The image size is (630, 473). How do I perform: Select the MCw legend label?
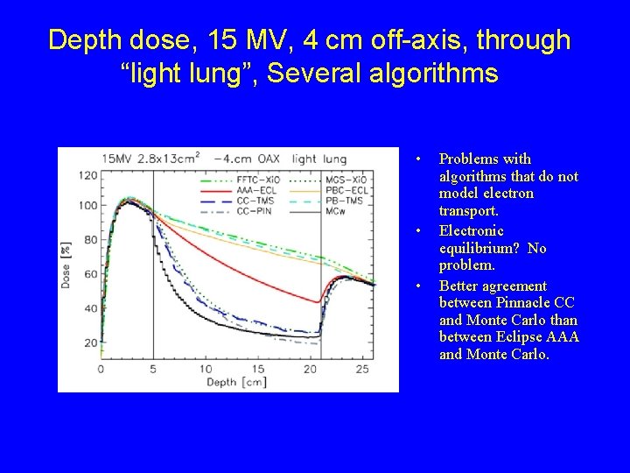click(338, 211)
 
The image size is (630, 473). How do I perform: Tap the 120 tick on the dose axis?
click(87, 175)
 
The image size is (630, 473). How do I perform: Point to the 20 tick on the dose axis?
click(90, 342)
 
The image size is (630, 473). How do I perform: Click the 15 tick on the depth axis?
click(258, 369)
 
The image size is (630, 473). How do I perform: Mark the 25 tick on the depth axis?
click(363, 369)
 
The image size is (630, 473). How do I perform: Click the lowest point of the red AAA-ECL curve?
click(317, 302)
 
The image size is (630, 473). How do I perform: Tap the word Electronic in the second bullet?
click(471, 231)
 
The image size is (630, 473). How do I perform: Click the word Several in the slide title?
click(313, 74)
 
